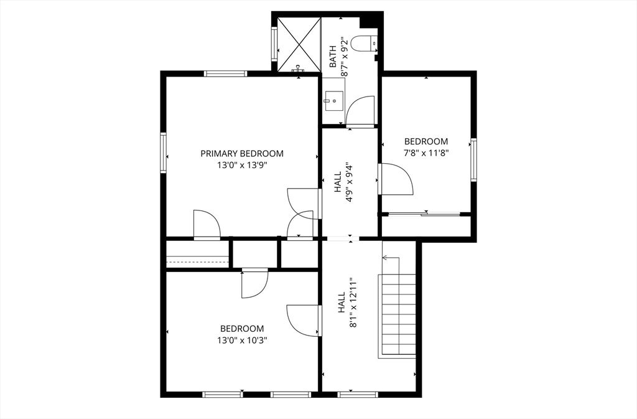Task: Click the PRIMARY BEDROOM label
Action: tap(242, 153)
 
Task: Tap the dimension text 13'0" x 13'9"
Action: tap(242, 165)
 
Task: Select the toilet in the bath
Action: tap(363, 43)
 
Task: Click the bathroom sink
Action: tap(334, 99)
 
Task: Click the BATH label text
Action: tap(333, 56)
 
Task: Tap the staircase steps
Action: tap(398, 314)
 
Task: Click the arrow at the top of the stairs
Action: tap(390, 257)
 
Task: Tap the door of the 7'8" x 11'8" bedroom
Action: tap(396, 180)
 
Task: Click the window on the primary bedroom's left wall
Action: tap(164, 151)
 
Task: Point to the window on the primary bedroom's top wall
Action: tap(226, 73)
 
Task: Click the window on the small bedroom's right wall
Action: tap(473, 160)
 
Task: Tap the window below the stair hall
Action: tap(358, 393)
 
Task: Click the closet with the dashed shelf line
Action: tap(197, 255)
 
